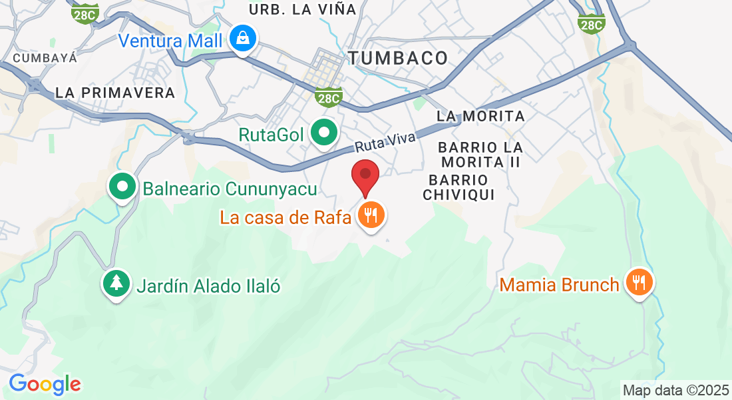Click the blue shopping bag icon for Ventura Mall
tap(244, 39)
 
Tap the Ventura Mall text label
tap(170, 41)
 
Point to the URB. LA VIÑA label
tap(303, 9)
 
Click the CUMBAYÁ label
tap(45, 58)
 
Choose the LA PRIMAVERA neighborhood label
tap(115, 93)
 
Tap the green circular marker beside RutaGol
tap(324, 134)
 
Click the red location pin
tap(365, 176)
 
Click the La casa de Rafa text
tap(285, 217)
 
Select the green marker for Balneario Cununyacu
tap(122, 188)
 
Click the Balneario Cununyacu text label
tap(230, 189)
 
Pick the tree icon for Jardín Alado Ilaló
tap(117, 284)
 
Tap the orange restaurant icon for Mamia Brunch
tap(639, 283)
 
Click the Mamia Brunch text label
tap(559, 285)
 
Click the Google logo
tap(45, 384)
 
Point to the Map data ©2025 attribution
tap(675, 389)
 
